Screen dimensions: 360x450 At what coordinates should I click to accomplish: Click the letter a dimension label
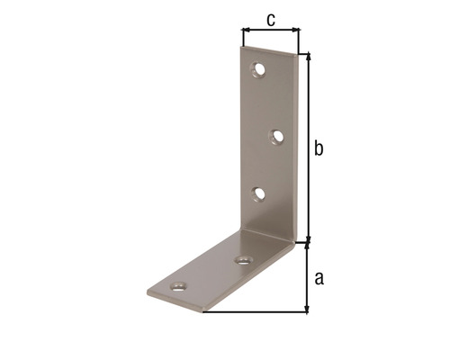click(318, 278)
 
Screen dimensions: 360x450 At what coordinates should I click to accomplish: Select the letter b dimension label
click(318, 148)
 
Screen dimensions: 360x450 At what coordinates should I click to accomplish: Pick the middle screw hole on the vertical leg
click(277, 137)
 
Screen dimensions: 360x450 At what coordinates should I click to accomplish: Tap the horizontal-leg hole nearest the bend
click(243, 260)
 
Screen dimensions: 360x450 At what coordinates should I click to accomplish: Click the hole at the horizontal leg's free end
click(178, 288)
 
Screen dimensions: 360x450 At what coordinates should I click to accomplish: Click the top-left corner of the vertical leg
click(243, 47)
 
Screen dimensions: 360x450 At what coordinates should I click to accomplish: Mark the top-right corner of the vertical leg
click(298, 54)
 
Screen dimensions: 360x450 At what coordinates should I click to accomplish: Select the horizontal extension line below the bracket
click(256, 312)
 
